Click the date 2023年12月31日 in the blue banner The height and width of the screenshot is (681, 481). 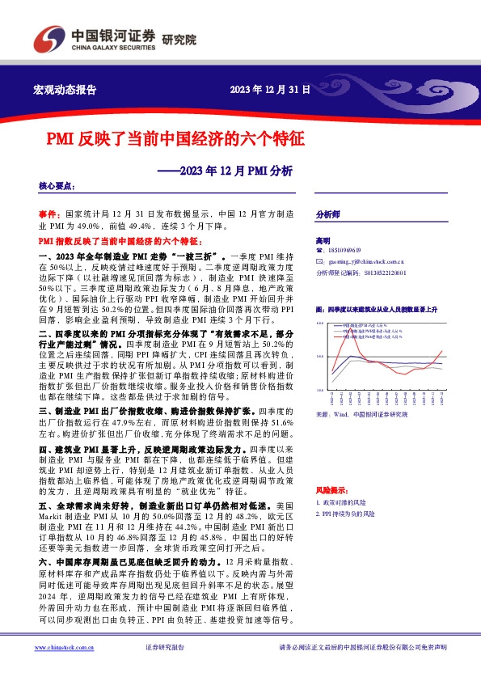[270, 90]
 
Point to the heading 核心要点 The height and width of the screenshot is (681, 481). [56, 187]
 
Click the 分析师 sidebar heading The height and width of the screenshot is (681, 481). [327, 215]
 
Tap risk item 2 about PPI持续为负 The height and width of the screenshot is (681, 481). [348, 514]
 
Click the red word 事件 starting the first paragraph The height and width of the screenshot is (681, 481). [48, 214]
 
